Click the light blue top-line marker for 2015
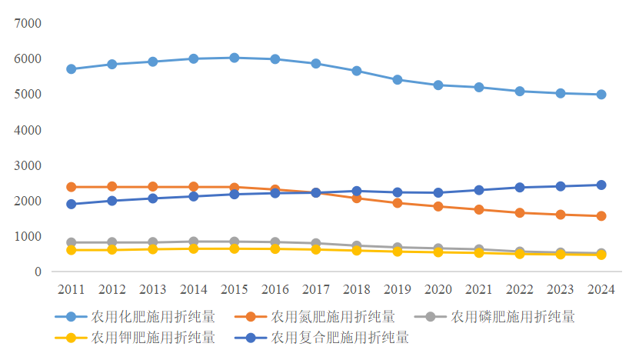pos(235,58)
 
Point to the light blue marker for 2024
pos(601,95)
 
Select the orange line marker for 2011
pos(72,187)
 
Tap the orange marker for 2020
pos(438,206)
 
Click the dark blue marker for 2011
pos(72,204)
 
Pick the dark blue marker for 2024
pos(601,185)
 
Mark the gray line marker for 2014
pos(194,242)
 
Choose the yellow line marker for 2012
pos(112,250)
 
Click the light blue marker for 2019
pos(398,80)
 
